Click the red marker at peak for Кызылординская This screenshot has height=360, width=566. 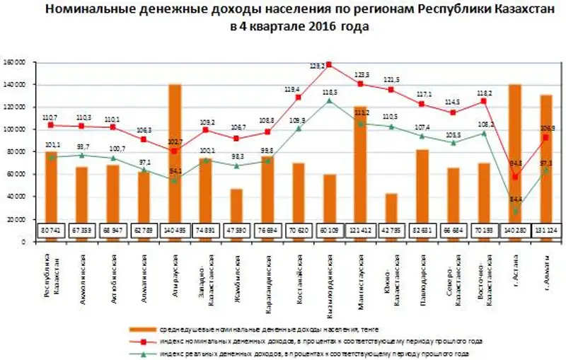click(x=329, y=64)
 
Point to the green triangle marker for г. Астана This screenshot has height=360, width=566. click(x=514, y=211)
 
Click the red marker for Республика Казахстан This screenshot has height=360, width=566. click(x=51, y=124)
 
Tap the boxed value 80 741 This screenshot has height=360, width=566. click(x=51, y=231)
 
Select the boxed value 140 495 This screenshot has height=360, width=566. click(x=175, y=231)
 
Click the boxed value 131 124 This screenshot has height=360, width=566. click(x=545, y=231)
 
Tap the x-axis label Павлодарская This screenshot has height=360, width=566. click(x=422, y=273)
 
